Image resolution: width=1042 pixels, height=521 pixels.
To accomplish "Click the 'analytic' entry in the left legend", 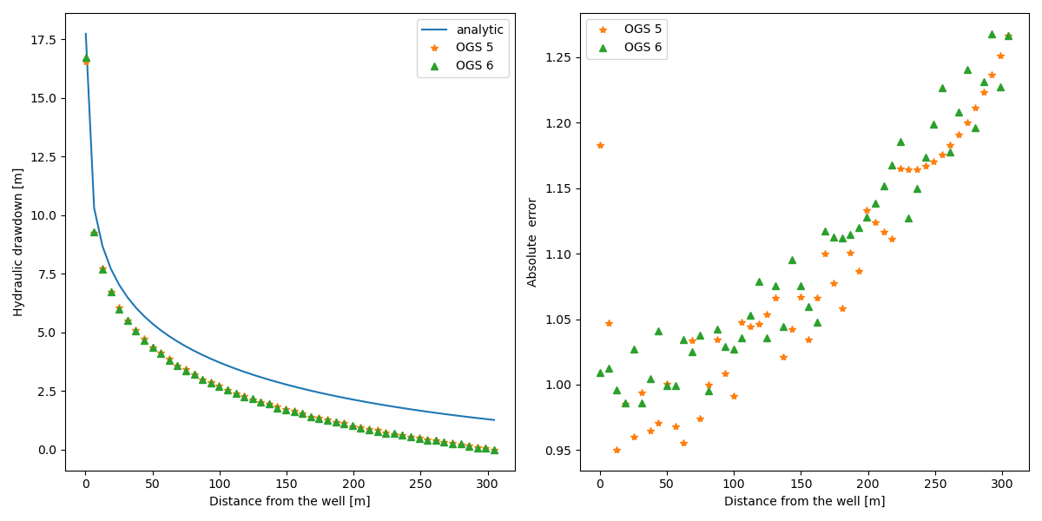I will [x=479, y=30].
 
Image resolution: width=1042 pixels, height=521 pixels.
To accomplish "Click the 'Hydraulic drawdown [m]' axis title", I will [x=18, y=241].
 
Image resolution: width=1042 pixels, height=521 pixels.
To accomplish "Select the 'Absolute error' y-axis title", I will [x=533, y=241].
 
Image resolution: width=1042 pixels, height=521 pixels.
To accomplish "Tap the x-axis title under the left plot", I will [x=289, y=501].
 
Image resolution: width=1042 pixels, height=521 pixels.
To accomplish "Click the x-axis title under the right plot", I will [x=804, y=501].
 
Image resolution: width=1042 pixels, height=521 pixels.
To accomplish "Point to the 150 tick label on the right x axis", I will [x=801, y=483].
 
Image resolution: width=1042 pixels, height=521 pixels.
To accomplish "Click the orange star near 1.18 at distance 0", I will [x=600, y=145].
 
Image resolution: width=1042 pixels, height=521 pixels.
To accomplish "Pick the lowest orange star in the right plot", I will [x=617, y=450].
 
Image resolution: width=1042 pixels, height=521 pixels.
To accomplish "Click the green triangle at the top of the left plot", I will [x=86, y=58].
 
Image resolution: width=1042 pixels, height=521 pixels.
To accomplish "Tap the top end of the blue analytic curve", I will [x=85, y=34].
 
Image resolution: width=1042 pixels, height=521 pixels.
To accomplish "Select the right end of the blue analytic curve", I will [x=494, y=420].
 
